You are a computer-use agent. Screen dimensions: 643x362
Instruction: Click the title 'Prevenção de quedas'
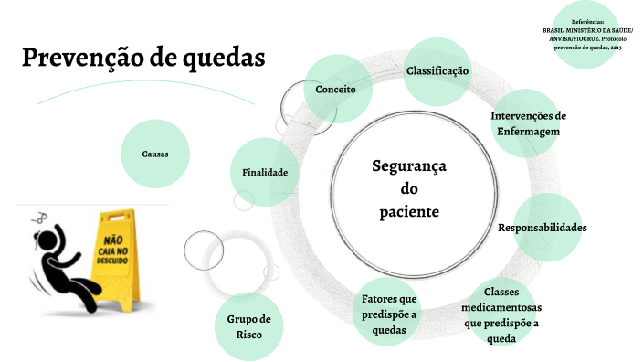[x=143, y=58]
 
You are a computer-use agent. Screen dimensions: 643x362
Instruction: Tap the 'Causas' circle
[x=154, y=154]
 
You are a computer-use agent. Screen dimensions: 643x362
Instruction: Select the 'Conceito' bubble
[x=335, y=90]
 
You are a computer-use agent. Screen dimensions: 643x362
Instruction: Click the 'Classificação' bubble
[x=437, y=71]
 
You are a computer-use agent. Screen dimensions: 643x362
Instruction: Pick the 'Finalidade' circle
[x=265, y=172]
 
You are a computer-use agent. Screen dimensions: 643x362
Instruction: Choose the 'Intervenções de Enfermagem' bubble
[x=529, y=123]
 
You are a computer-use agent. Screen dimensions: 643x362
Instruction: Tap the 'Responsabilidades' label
[x=542, y=227]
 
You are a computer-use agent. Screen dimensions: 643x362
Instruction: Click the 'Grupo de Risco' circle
[x=249, y=326]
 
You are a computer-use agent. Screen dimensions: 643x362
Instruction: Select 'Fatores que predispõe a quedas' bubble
[x=389, y=314]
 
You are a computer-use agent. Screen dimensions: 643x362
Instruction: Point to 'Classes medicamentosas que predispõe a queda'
[x=501, y=314]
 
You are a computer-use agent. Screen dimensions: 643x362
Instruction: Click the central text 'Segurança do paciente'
[x=409, y=188]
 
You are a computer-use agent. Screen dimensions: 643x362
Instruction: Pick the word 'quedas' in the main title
[x=223, y=58]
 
